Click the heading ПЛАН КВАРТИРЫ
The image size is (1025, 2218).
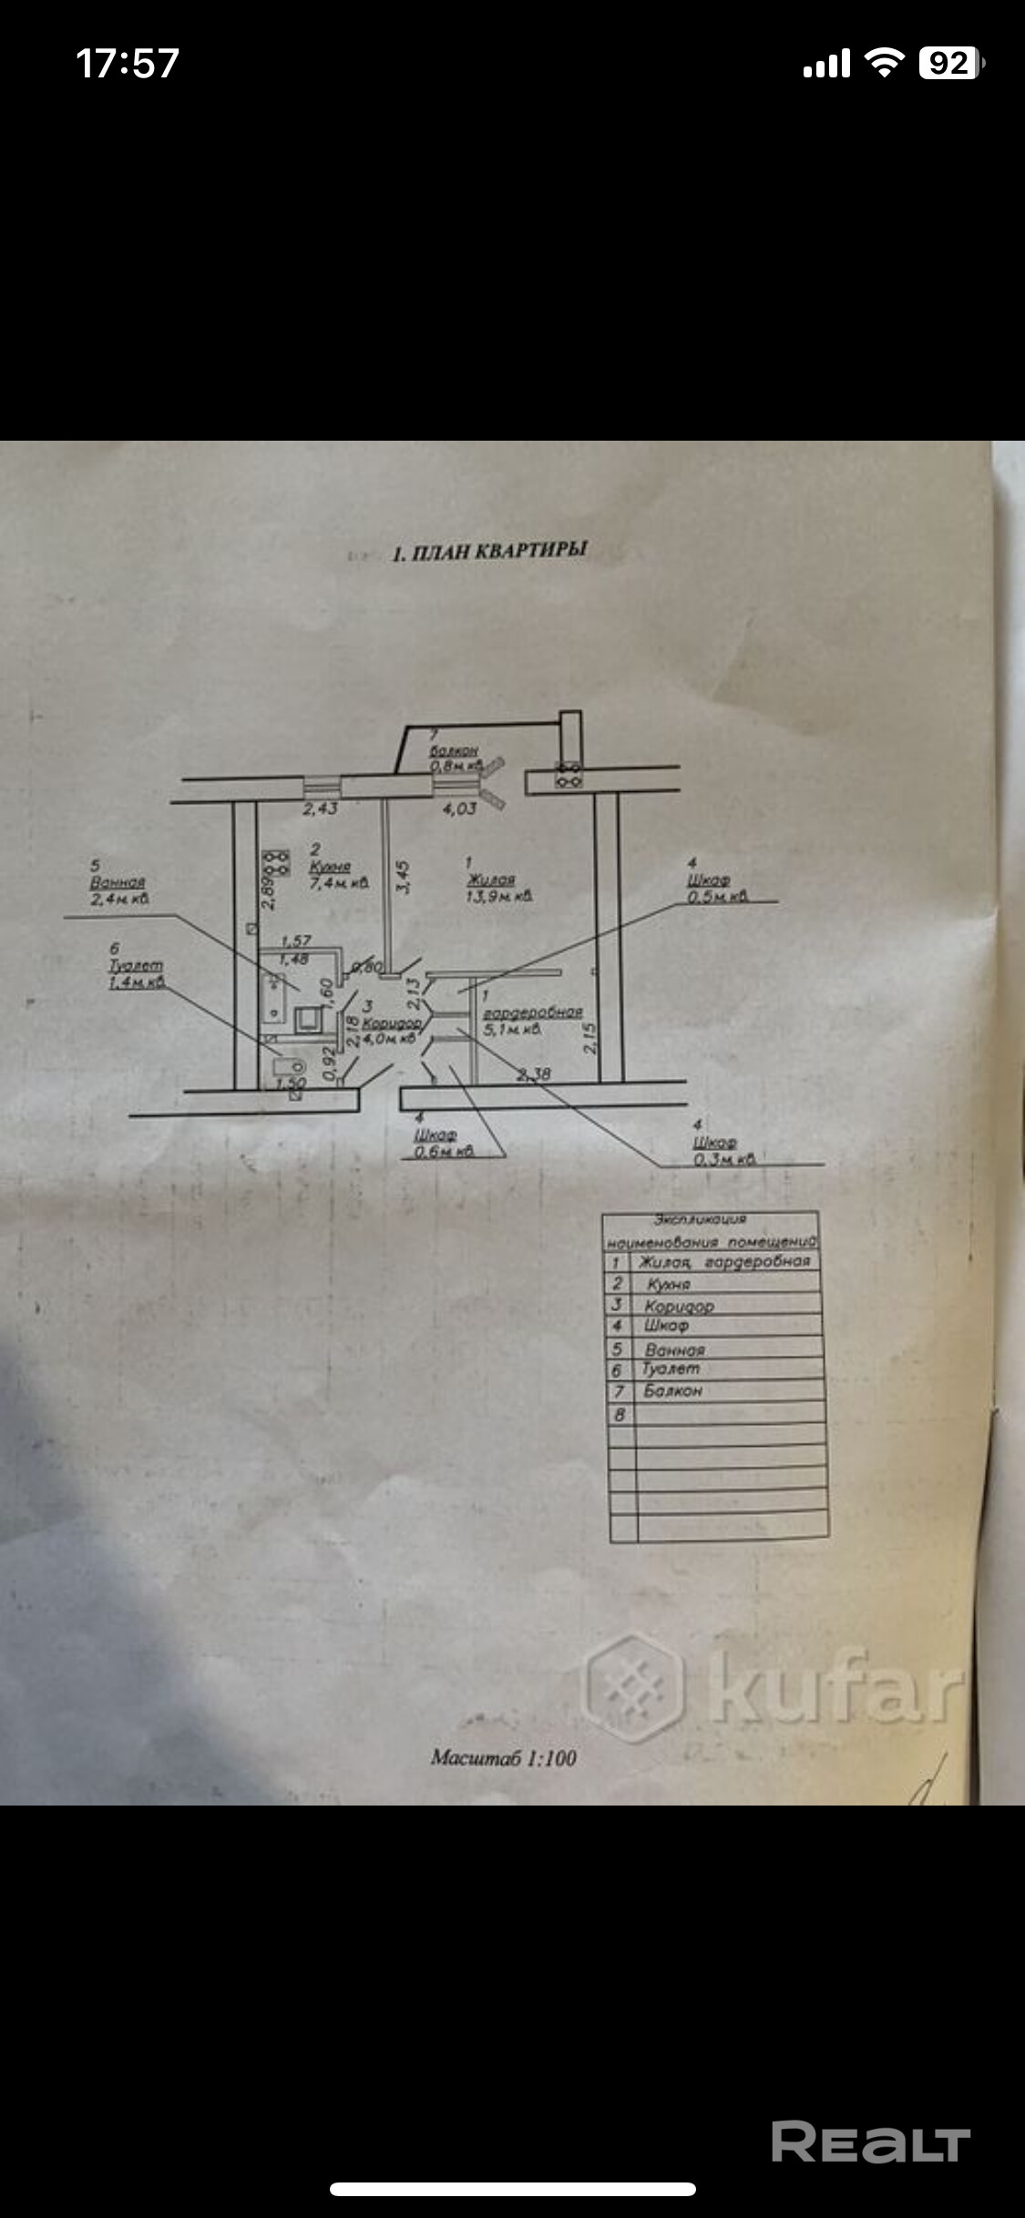click(x=490, y=551)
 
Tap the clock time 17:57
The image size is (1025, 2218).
click(x=128, y=64)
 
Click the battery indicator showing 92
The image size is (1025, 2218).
click(x=950, y=64)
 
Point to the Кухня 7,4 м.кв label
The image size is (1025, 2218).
click(x=338, y=875)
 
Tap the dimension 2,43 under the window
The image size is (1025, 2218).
click(x=321, y=809)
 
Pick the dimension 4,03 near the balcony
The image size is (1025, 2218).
click(x=458, y=809)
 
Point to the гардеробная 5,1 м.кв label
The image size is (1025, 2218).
click(x=532, y=1020)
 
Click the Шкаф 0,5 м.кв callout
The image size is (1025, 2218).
click(x=716, y=888)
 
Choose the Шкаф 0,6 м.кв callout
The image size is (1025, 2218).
click(x=443, y=1143)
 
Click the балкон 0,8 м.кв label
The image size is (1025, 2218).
click(x=455, y=758)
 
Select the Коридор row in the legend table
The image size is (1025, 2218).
click(x=679, y=1306)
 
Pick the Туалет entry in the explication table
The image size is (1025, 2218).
click(x=671, y=1368)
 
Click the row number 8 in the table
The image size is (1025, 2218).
click(x=620, y=1414)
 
